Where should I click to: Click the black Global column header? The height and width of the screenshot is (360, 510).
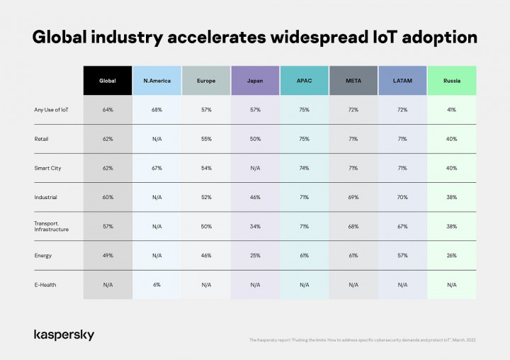pos(108,81)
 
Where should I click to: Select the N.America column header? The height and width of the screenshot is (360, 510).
pos(157,81)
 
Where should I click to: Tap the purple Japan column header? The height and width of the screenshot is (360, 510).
pos(255,81)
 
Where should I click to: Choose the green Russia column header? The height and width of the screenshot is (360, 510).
pos(452,81)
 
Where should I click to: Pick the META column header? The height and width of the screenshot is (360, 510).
pos(353,81)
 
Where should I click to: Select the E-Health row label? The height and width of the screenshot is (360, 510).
pos(45,284)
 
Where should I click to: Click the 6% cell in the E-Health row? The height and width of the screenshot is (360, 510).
pos(157,284)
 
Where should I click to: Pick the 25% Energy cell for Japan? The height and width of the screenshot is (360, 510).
pos(255,255)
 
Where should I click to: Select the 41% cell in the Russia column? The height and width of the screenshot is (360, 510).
pos(452,110)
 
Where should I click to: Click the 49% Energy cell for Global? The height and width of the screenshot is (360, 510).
pos(108,255)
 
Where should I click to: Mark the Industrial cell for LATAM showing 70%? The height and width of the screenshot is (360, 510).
pos(402,197)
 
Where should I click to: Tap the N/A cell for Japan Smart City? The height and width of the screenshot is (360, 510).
pos(255,168)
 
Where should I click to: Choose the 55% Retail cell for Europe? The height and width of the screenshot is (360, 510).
pos(206,139)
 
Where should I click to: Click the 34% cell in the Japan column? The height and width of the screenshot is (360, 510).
pos(255,226)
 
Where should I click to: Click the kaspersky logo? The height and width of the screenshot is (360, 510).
pos(64,334)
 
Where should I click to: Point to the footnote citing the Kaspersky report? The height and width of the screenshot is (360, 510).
pos(362,340)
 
